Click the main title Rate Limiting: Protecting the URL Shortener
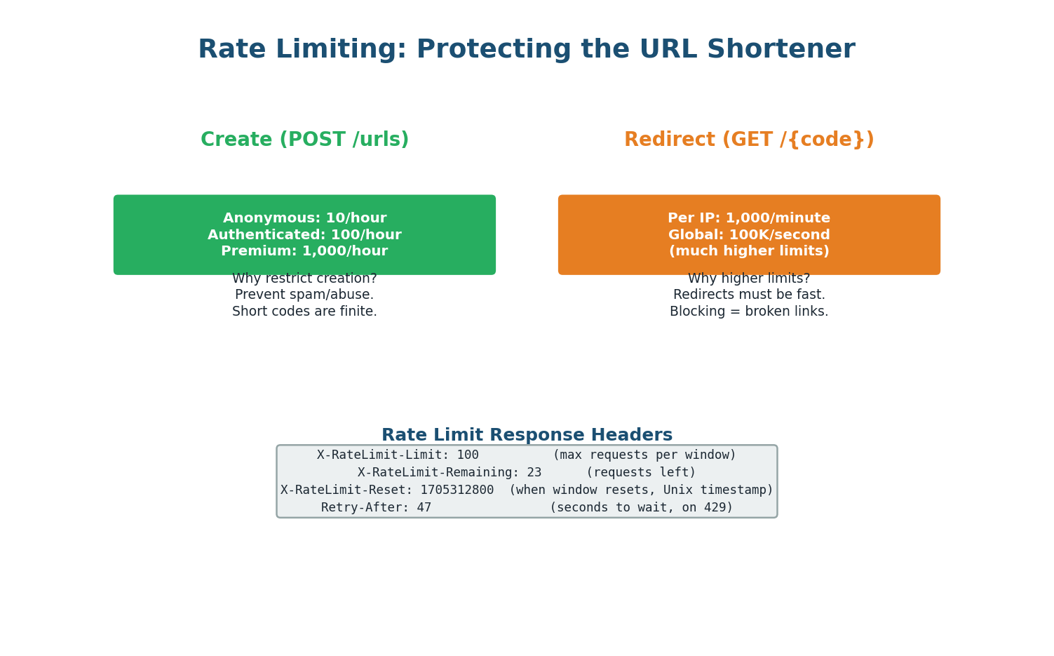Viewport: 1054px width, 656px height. [526, 50]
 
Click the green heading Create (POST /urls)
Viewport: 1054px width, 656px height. [304, 140]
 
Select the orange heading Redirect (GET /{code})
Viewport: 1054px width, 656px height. [749, 140]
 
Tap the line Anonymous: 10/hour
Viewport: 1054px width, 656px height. [304, 218]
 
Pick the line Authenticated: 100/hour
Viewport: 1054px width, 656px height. [304, 235]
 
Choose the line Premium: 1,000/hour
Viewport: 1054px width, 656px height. [304, 251]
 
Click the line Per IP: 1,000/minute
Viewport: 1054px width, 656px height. [749, 218]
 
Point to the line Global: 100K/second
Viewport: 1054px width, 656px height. [749, 235]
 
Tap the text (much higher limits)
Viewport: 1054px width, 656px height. [749, 251]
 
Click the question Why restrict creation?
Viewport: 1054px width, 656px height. [304, 279]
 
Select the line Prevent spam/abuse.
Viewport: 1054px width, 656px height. [304, 295]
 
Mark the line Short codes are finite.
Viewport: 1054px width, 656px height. [304, 312]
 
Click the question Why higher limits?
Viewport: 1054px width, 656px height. [749, 279]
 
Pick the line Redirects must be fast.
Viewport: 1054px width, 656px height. [749, 295]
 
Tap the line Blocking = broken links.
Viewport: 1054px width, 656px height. [749, 312]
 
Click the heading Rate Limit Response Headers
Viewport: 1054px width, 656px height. [527, 436]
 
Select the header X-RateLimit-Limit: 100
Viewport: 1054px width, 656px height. [398, 455]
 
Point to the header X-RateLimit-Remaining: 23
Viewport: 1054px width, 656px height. [450, 473]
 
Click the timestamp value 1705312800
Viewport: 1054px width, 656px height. [457, 490]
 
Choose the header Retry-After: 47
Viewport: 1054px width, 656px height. [376, 508]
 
